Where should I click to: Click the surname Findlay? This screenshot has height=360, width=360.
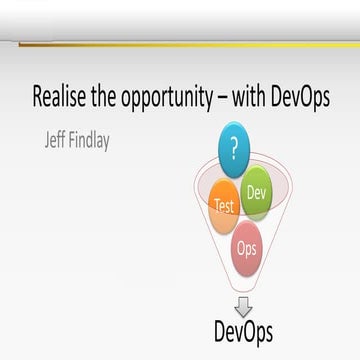85,140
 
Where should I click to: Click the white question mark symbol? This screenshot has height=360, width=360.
235,150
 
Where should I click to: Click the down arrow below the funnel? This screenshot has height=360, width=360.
243,307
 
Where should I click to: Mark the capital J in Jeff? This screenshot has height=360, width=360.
36,140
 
